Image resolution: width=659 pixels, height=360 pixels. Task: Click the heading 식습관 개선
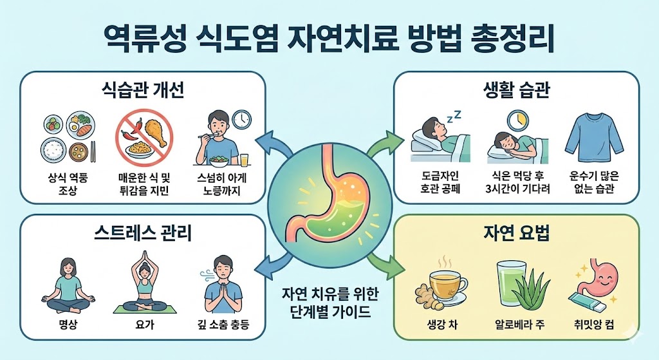click(143, 89)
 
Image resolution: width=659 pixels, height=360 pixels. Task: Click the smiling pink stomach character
click(596, 281)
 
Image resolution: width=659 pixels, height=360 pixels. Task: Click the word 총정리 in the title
click(509, 38)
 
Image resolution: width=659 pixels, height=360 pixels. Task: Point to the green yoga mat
click(142, 308)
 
